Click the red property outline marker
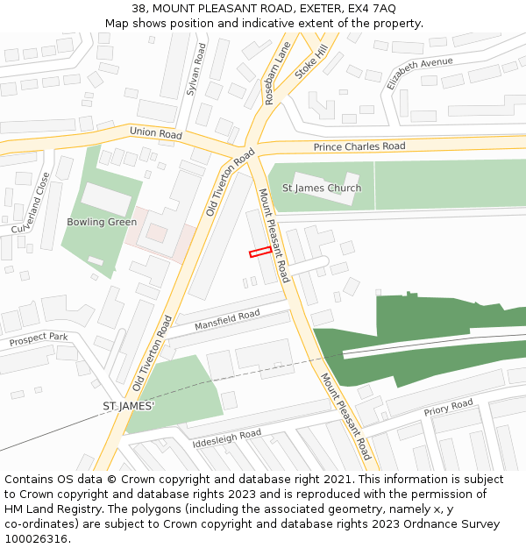260,253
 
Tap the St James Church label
321,189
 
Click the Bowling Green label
102,222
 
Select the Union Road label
156,133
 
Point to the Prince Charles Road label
359,146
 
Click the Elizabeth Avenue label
420,73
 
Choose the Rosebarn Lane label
277,75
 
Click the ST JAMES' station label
128,407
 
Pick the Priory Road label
448,407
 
